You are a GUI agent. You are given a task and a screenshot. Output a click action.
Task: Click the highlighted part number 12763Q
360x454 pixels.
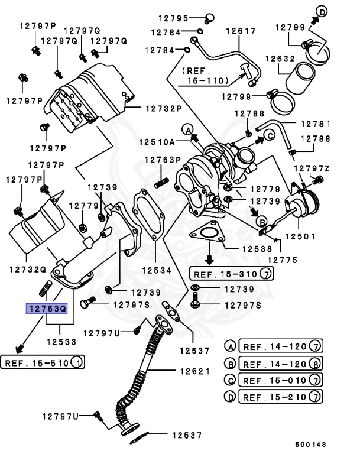(46, 309)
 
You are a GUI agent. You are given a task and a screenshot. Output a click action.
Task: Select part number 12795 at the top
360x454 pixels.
(173, 18)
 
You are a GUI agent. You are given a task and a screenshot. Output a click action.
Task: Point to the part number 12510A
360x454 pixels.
(157, 142)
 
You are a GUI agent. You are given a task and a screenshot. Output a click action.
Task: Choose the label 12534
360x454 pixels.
(156, 270)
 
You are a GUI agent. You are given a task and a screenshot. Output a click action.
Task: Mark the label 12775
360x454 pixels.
(283, 260)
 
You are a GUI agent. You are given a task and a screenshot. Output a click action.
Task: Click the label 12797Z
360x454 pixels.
(312, 168)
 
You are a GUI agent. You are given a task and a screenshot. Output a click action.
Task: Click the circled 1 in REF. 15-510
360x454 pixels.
(77, 362)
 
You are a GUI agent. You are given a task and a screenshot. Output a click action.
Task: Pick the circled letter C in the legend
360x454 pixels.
(230, 380)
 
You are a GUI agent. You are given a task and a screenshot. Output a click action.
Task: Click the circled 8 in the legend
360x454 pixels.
(316, 364)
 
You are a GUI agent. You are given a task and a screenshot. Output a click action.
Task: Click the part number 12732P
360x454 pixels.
(158, 109)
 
